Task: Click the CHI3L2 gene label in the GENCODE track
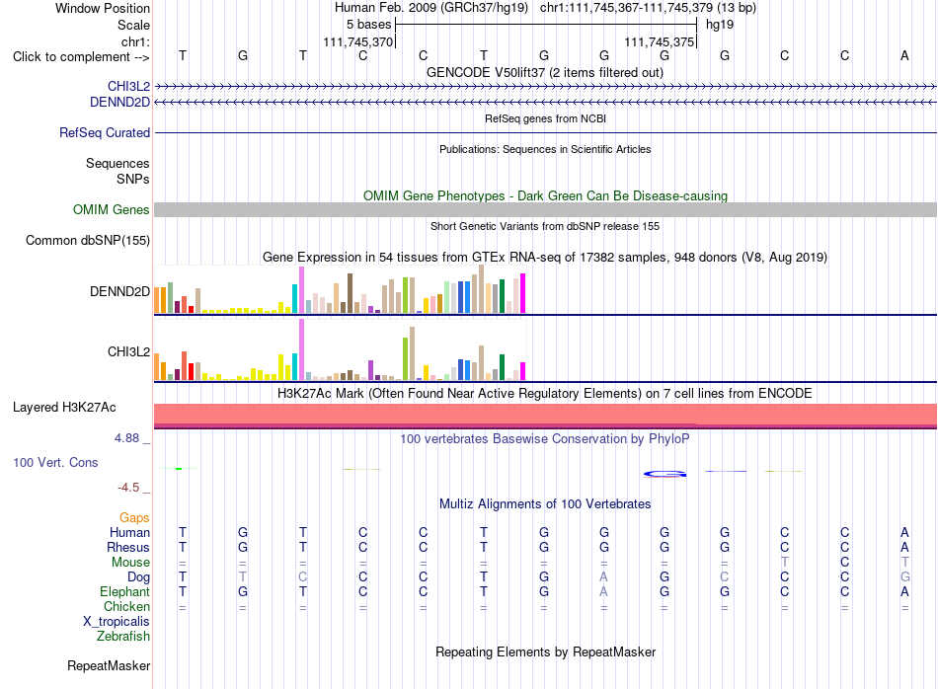[128, 86]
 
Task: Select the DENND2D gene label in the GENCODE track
[119, 103]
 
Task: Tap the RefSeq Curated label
[105, 133]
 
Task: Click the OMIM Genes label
[112, 210]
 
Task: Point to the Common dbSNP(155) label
[88, 241]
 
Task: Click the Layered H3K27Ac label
[64, 408]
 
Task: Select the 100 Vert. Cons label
[55, 462]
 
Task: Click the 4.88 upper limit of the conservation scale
[126, 438]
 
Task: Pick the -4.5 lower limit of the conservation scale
[128, 488]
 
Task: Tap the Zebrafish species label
[123, 637]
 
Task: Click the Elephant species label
[125, 591]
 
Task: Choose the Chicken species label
[126, 606]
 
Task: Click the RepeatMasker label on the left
[109, 666]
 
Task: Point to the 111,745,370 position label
[358, 41]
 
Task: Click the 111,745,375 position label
[660, 41]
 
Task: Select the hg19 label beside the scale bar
[720, 25]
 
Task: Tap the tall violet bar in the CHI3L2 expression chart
[301, 349]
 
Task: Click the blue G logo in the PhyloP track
[664, 474]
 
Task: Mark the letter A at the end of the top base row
[904, 55]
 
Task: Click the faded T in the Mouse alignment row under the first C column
[784, 563]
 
